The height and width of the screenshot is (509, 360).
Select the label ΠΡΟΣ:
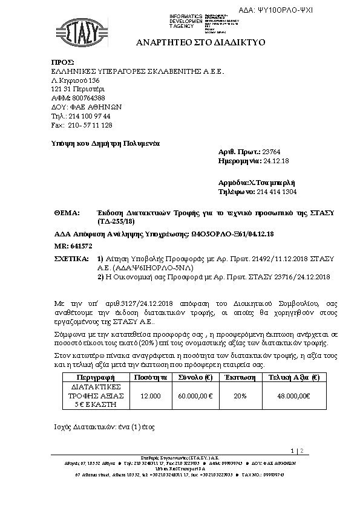click(62, 62)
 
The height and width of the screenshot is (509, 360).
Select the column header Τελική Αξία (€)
click(293, 376)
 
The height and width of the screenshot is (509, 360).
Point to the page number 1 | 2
click(296, 450)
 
